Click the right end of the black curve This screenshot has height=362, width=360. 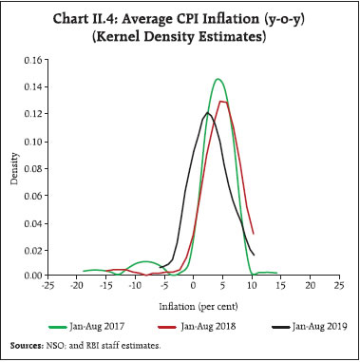tap(254, 254)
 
